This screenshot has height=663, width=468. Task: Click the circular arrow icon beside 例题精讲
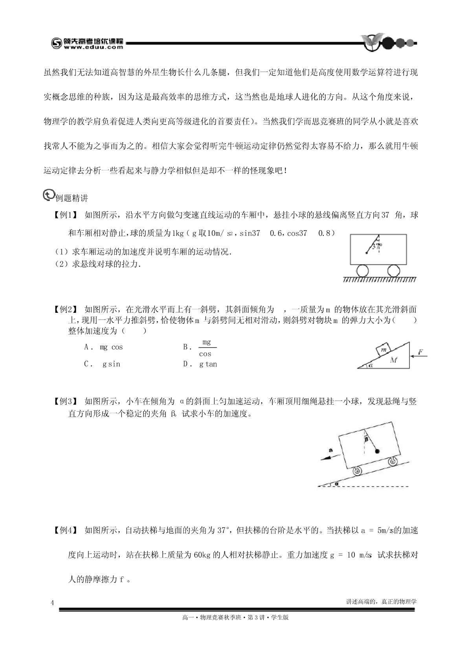click(48, 195)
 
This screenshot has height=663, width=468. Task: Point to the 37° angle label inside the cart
click(376, 247)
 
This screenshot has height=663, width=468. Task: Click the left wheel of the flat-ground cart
click(363, 271)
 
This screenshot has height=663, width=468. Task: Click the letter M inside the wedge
click(394, 360)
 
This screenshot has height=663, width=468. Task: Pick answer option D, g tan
click(200, 364)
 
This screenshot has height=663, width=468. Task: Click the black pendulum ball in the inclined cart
click(378, 451)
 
